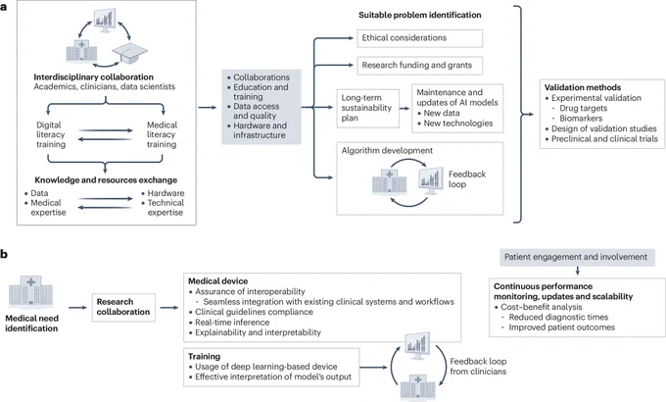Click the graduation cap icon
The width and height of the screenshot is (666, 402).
[129, 53]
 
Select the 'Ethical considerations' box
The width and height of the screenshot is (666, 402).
[419, 38]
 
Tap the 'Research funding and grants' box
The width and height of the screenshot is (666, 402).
[419, 66]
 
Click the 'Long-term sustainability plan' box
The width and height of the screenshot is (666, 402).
[368, 108]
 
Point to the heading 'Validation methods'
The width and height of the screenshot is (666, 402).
[583, 87]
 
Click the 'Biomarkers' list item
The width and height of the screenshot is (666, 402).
[581, 119]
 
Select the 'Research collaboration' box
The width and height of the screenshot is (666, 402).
[123, 307]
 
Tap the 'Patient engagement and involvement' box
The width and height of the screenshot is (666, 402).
[576, 257]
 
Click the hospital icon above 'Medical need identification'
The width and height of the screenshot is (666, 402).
[31, 291]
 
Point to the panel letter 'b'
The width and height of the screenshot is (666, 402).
[4, 254]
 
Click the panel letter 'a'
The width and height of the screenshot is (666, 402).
[4, 7]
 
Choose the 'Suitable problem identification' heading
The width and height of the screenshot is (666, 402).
[419, 15]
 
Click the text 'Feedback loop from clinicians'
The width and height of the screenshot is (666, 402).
[478, 367]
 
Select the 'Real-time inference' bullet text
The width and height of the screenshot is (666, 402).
[232, 322]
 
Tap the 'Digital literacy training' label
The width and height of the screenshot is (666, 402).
[51, 134]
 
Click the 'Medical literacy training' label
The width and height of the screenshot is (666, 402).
[162, 134]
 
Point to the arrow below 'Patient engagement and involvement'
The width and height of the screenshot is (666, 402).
[577, 271]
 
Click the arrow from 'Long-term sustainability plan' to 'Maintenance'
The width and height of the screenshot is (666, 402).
[404, 108]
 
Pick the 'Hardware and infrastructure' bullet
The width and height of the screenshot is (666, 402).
[260, 130]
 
